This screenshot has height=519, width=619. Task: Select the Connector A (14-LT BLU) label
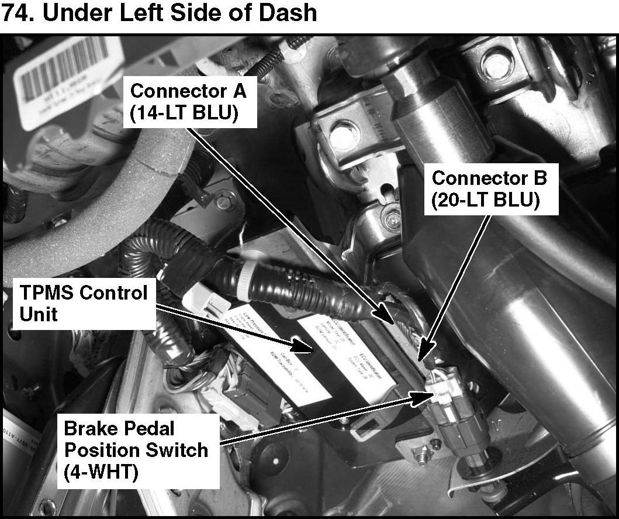188,102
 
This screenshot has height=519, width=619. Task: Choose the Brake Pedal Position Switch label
136,451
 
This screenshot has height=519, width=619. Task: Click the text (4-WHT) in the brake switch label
101,473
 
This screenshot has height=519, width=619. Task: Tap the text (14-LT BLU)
184,113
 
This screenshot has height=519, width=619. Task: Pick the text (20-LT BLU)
485,200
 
